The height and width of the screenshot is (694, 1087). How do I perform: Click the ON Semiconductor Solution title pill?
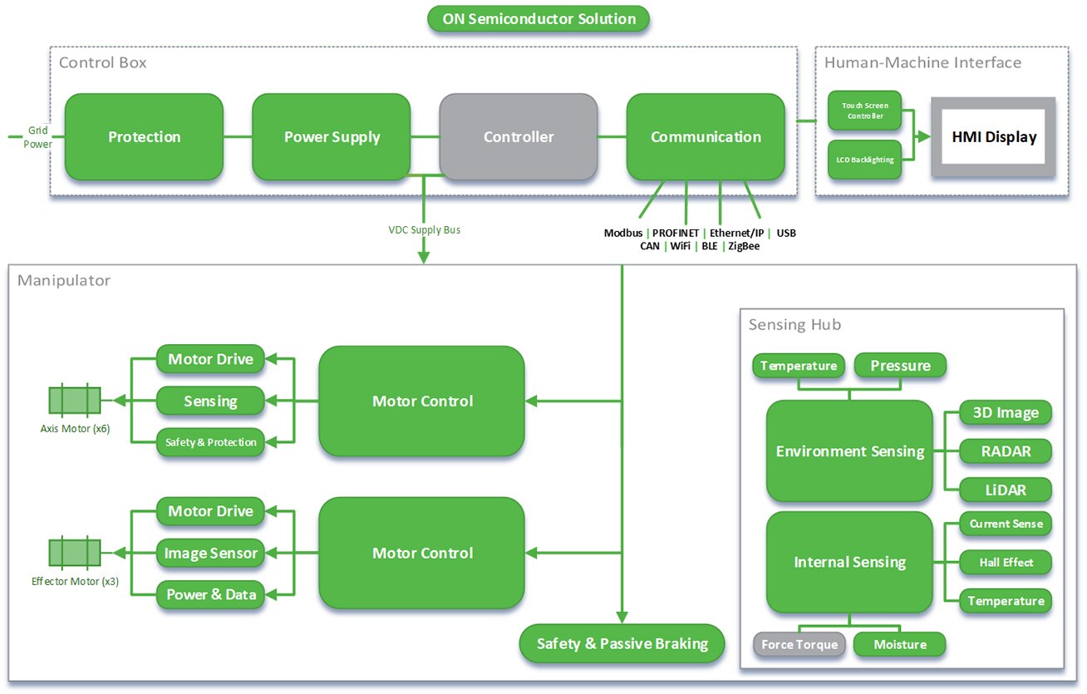[539, 19]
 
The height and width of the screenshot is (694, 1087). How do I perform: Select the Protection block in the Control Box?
[144, 137]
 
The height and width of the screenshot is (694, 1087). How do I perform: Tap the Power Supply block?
[332, 137]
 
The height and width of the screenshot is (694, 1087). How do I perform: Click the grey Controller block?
[519, 137]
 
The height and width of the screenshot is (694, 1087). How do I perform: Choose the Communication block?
[706, 137]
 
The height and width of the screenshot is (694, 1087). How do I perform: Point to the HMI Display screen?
[994, 136]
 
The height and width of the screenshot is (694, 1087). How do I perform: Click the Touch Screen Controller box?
[864, 111]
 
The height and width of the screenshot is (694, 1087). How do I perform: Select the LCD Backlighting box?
[864, 160]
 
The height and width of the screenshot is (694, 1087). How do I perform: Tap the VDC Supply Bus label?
[424, 229]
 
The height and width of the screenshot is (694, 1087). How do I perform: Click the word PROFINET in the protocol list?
[675, 233]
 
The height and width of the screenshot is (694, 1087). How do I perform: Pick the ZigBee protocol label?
[744, 246]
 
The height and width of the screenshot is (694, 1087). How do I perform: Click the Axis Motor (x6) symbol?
[75, 401]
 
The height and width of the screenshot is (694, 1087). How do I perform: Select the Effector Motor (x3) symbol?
[75, 553]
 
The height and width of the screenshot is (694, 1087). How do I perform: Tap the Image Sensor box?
[210, 553]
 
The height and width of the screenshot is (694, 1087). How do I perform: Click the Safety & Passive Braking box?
[622, 643]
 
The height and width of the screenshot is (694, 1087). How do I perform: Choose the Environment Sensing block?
[849, 451]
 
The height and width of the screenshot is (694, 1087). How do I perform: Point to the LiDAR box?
[1006, 490]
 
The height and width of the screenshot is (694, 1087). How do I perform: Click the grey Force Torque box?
[799, 644]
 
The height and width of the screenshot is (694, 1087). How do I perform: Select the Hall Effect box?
[1006, 563]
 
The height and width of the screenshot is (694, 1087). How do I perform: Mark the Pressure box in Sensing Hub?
[900, 366]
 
